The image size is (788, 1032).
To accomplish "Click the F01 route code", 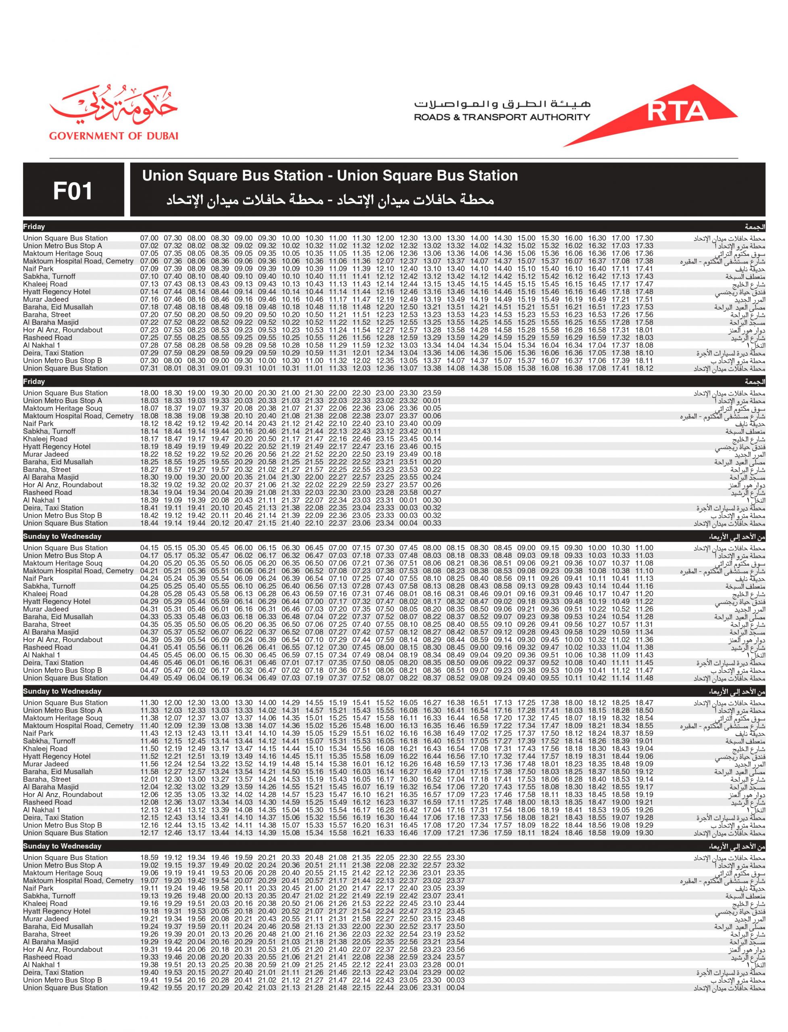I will point(73,191).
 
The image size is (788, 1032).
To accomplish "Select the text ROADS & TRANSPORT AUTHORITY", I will point(502,117).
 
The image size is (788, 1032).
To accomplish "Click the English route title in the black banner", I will point(330,176).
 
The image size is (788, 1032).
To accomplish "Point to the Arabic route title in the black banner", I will point(330,200).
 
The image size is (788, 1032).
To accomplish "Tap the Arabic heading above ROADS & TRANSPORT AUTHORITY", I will point(502,104).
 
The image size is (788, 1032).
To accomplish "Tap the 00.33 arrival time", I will point(432,523).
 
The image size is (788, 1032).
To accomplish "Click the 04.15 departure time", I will point(149,548).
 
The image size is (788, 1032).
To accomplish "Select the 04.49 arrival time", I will point(149,678).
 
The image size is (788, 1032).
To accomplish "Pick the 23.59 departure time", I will point(432,393).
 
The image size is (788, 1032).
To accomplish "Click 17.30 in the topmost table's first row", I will point(644,238).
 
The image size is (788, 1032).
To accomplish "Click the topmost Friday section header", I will point(34,227).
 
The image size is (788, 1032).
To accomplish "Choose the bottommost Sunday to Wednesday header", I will point(62,846).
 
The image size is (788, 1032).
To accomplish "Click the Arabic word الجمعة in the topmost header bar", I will point(755,227).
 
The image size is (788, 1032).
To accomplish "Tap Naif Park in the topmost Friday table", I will point(38,268).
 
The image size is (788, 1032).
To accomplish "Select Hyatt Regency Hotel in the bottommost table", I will point(57,911).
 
